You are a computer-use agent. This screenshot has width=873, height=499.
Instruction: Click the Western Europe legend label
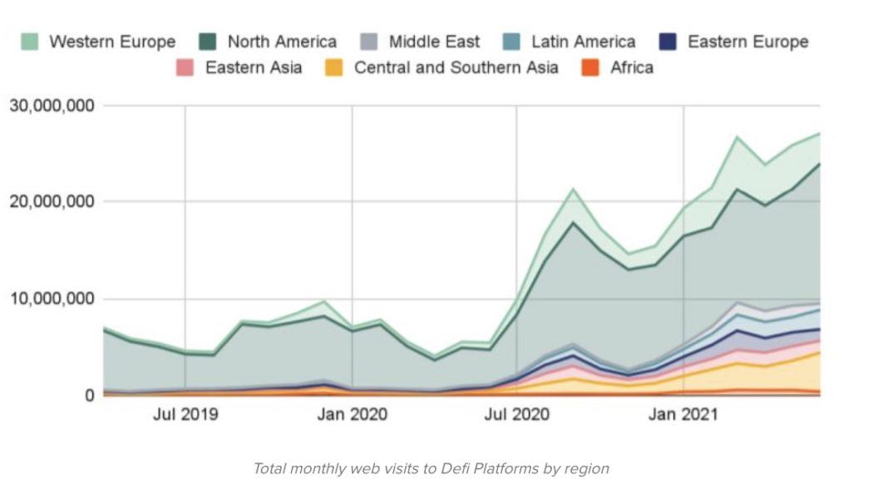tap(112, 42)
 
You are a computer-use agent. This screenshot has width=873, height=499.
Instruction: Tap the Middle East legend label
tap(434, 42)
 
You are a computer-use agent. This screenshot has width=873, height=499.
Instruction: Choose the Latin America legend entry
tap(583, 42)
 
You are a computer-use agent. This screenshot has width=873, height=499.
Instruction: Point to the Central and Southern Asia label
tap(456, 67)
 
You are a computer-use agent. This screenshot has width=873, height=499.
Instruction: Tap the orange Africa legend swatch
tap(591, 67)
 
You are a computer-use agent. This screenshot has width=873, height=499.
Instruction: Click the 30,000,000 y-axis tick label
tap(52, 106)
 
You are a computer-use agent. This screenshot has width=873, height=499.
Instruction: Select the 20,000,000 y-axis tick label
tap(52, 202)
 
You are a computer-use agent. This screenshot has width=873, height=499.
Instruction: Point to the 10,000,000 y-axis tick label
tap(52, 299)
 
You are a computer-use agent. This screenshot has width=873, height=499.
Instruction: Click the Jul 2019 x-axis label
tap(185, 414)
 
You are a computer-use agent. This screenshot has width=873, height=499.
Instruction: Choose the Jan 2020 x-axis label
tap(352, 414)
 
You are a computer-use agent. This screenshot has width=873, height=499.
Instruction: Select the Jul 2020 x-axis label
tap(516, 414)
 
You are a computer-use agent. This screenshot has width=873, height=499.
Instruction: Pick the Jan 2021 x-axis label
tap(683, 414)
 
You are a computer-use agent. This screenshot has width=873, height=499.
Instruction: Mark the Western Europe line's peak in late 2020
tap(573, 189)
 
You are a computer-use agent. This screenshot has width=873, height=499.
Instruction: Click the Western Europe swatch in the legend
tap(30, 42)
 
